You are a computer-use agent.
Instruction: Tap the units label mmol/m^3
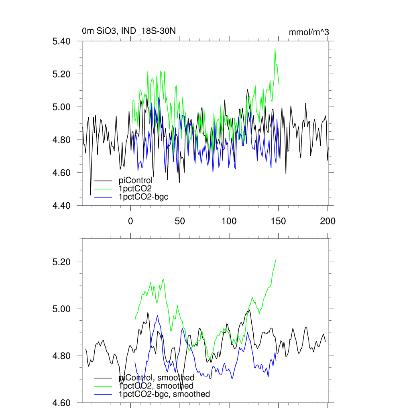coord(309,32)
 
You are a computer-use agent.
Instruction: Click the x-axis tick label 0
coord(130,220)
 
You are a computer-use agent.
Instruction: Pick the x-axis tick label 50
coord(180,220)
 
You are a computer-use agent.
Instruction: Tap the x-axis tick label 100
coord(229,220)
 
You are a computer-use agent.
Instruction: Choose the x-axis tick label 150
coord(278,220)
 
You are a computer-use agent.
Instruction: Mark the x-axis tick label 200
coord(328,220)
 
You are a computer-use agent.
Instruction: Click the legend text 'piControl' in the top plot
coord(136,180)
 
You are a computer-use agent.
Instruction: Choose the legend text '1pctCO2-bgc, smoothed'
coord(164,394)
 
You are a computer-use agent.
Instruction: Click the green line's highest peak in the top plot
coord(275,49)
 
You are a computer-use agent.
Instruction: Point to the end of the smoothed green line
coord(276,259)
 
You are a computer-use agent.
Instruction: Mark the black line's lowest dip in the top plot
coord(90,195)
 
